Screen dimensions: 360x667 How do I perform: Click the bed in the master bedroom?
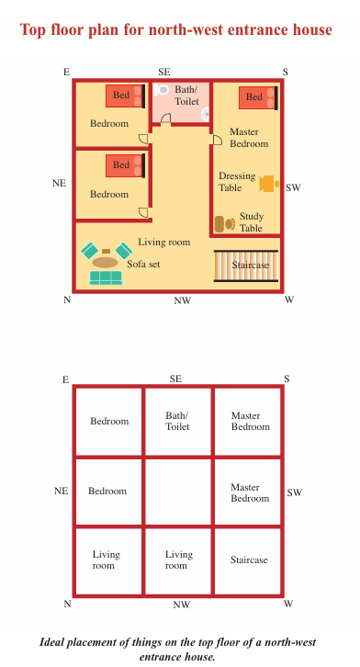(x=258, y=97)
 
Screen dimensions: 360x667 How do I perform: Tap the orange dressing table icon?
(x=269, y=184)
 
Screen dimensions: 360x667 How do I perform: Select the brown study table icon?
(x=224, y=224)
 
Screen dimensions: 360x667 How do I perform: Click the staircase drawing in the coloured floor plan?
(x=246, y=266)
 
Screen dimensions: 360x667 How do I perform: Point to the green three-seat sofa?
(x=106, y=277)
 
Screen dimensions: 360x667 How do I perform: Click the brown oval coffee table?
(x=105, y=262)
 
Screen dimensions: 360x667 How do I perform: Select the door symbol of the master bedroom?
(x=217, y=140)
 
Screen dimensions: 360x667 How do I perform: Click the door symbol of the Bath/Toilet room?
(x=165, y=119)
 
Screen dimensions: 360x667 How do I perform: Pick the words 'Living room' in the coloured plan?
(x=164, y=242)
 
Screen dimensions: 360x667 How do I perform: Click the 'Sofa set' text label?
(x=143, y=264)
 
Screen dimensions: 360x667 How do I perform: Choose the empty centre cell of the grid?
(x=178, y=492)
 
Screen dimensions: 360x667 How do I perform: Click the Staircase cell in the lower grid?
(x=248, y=560)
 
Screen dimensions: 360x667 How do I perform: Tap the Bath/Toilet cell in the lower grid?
(x=178, y=422)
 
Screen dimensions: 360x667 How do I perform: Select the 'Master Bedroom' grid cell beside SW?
(x=248, y=492)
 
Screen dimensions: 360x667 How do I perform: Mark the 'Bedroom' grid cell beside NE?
(x=108, y=492)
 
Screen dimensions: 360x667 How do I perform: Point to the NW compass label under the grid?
(x=182, y=605)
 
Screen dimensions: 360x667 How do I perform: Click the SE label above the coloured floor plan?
(x=164, y=72)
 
